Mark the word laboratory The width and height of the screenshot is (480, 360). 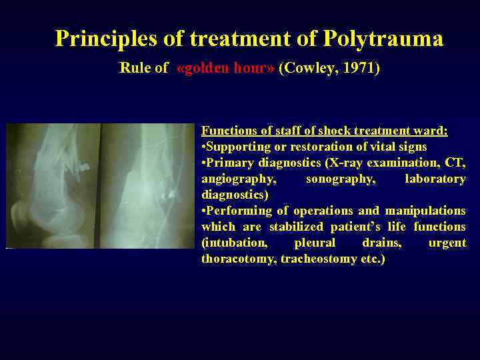[x=435, y=179]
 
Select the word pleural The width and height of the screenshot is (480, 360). [x=315, y=243]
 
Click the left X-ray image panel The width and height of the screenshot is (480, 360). [x=53, y=185]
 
